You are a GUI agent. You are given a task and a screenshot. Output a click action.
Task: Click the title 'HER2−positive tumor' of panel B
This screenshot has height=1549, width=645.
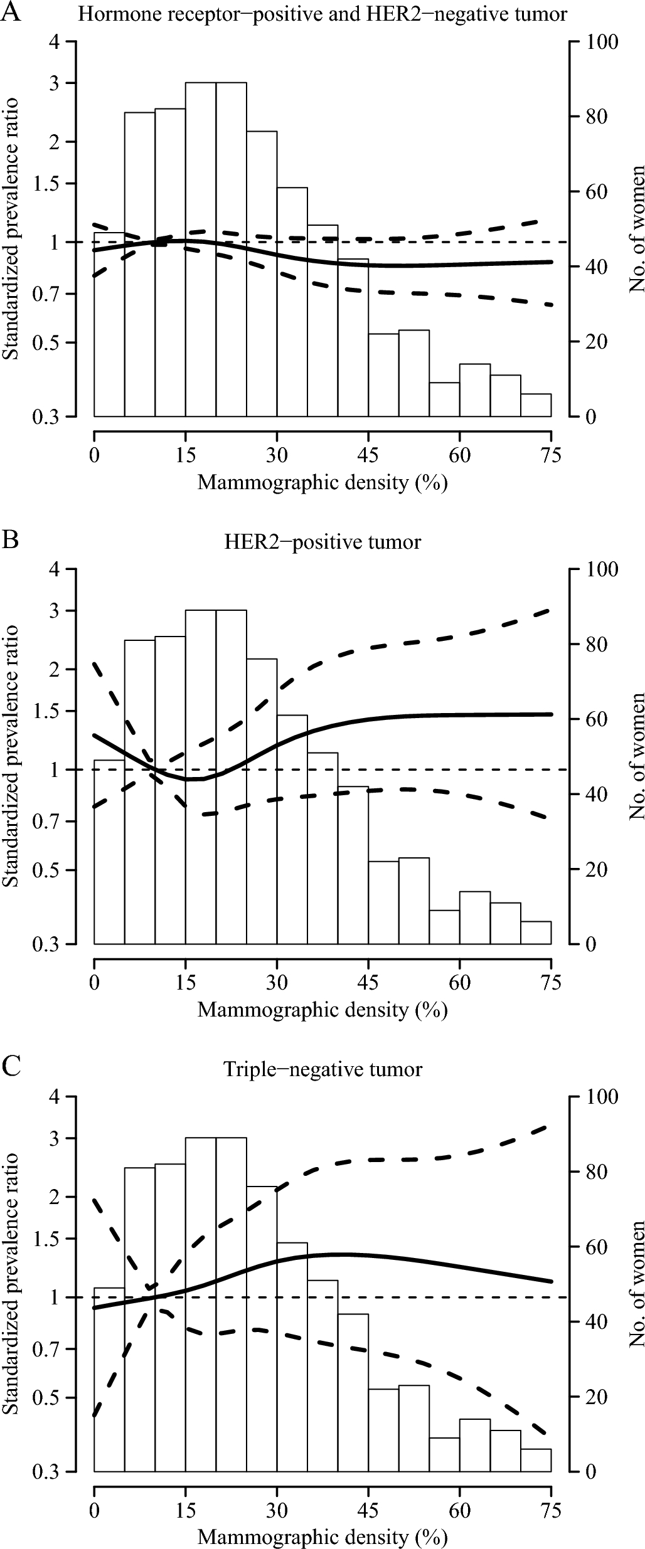click(x=322, y=541)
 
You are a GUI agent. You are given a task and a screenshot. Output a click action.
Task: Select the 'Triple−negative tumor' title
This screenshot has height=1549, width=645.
click(x=322, y=1069)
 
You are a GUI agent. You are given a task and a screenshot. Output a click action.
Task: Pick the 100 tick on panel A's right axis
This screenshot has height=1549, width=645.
click(x=602, y=42)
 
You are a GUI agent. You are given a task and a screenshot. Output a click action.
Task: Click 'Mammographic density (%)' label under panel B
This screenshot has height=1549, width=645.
click(x=322, y=1010)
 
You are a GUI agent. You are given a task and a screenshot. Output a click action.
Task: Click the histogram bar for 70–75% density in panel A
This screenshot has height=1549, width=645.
click(x=536, y=405)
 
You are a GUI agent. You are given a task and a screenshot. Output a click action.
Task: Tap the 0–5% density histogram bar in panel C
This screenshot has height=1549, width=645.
click(x=109, y=1352)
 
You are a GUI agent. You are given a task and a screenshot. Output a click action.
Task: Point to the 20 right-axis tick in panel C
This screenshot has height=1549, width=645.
click(x=597, y=1397)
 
